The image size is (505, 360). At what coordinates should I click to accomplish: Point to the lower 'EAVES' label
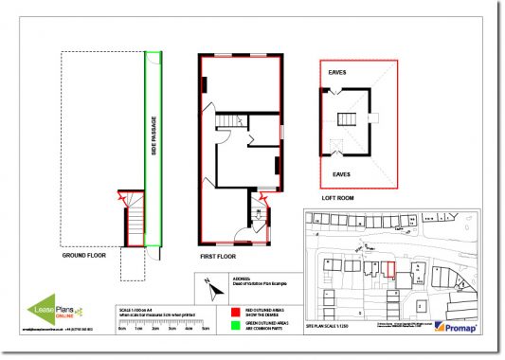click(x=341, y=174)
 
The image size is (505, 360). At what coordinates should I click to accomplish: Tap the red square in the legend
click(x=235, y=311)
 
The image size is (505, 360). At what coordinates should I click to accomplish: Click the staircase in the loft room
click(x=348, y=118)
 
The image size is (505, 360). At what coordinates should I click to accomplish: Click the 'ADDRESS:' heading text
click(x=239, y=281)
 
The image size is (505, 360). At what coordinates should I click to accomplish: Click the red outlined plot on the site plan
click(x=389, y=269)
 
